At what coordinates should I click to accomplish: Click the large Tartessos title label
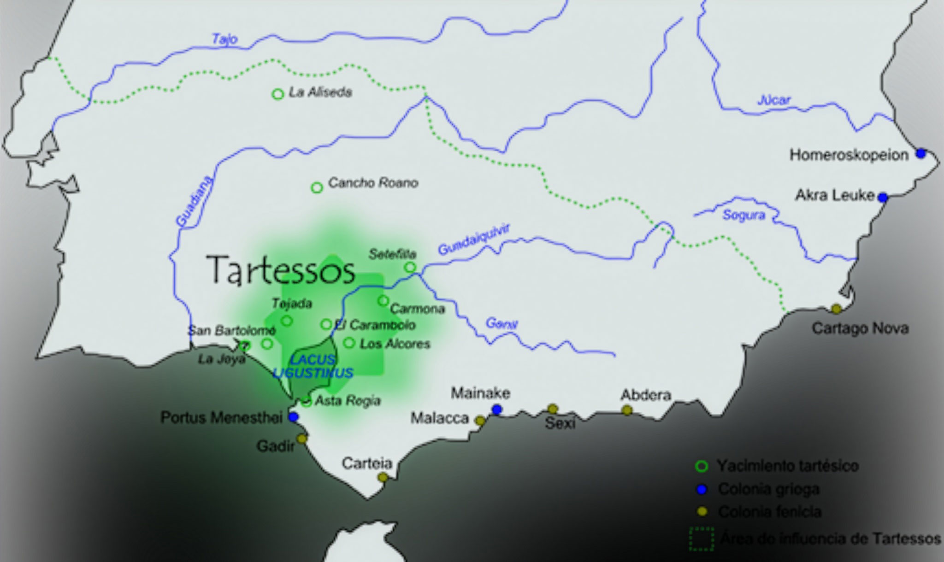click(x=281, y=270)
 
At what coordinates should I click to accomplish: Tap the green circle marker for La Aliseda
click(x=277, y=94)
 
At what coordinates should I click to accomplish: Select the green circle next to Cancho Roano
click(x=317, y=187)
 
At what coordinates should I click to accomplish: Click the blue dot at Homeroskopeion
click(x=920, y=153)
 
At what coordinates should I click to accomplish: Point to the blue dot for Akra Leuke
click(x=882, y=198)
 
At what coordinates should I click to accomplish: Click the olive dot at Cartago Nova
click(x=836, y=308)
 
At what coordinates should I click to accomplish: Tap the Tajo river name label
click(x=224, y=39)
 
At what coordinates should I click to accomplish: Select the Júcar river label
click(x=774, y=100)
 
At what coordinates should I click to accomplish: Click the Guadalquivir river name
click(x=473, y=240)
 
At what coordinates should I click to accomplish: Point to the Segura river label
click(x=743, y=215)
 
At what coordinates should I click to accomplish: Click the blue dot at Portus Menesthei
click(x=293, y=417)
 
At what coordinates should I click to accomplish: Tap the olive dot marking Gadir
click(x=302, y=439)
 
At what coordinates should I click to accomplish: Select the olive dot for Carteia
click(x=382, y=477)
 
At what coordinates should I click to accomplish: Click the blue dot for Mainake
click(x=496, y=409)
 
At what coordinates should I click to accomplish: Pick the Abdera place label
click(x=645, y=395)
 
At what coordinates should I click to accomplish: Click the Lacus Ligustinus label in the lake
click(x=313, y=367)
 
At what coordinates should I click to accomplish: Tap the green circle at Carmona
click(x=383, y=301)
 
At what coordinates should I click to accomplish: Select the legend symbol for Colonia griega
click(x=702, y=489)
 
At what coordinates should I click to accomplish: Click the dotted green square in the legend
click(x=701, y=539)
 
